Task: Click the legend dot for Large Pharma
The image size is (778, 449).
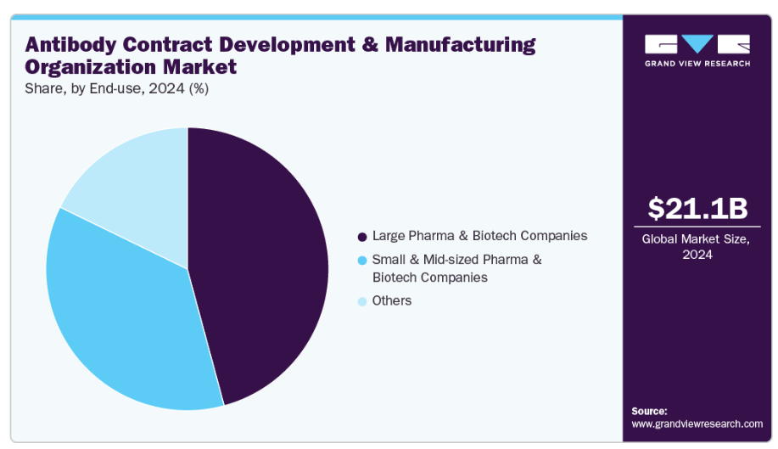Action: [x=362, y=236]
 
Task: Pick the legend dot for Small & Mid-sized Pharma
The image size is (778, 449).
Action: [x=362, y=259]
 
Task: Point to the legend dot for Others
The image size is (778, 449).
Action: [x=362, y=301]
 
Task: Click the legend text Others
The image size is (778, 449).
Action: [x=391, y=300]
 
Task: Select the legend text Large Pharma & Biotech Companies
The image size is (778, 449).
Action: [x=479, y=235]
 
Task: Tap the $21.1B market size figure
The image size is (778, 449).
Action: [x=698, y=209]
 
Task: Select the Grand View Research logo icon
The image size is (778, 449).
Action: [x=697, y=44]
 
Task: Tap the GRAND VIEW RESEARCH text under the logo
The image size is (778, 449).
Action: [x=697, y=64]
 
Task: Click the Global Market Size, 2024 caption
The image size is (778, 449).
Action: [x=697, y=247]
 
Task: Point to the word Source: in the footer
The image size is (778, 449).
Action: [x=650, y=411]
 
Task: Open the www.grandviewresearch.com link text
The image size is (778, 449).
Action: [x=697, y=424]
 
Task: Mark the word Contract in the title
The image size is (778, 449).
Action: [x=173, y=45]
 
